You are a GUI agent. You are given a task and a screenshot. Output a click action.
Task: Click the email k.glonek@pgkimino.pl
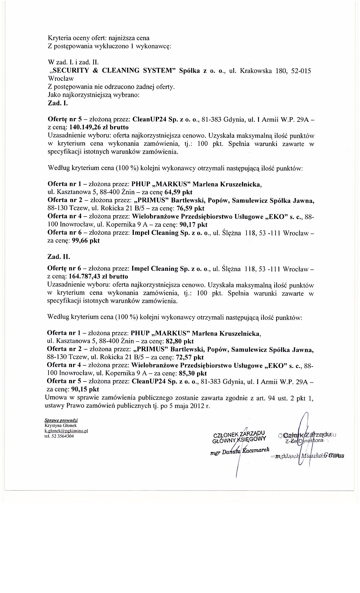(x=66, y=431)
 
